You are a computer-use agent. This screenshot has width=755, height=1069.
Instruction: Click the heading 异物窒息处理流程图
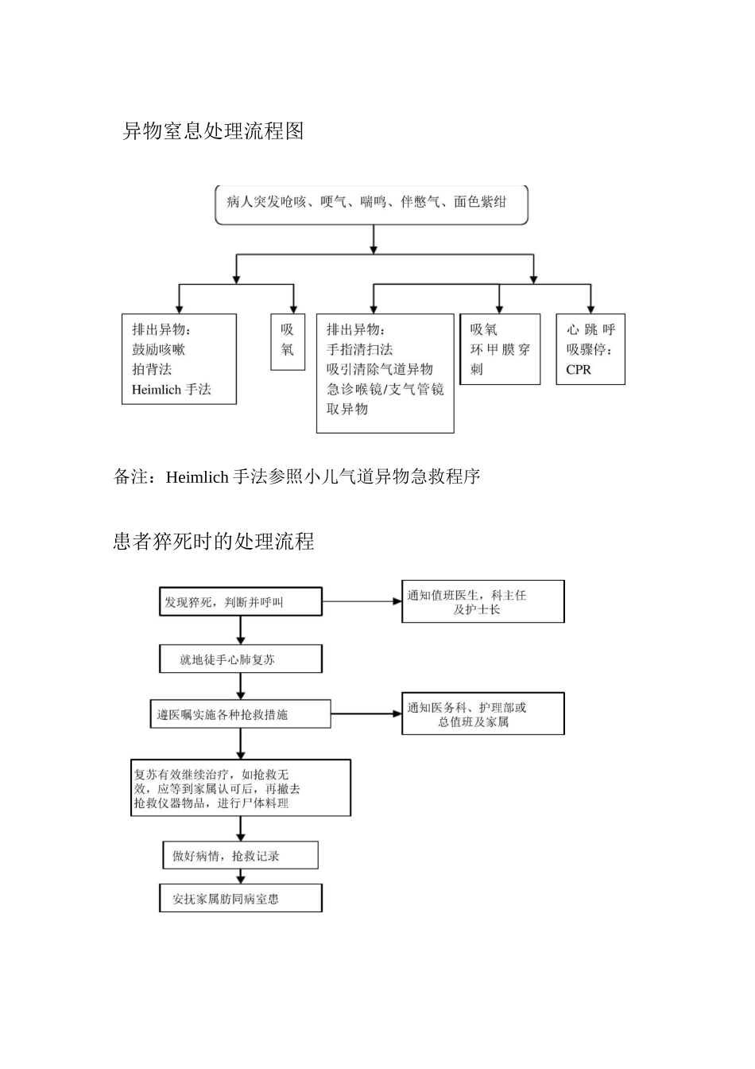[x=213, y=131]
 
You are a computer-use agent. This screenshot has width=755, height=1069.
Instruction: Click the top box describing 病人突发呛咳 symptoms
[x=371, y=204]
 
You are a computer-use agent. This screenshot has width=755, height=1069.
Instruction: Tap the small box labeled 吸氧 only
[x=288, y=340]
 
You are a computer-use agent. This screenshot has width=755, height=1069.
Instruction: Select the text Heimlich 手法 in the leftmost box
[x=171, y=390]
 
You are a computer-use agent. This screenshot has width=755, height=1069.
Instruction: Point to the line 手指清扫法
[x=359, y=350]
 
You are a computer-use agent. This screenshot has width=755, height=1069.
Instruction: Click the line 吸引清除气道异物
[x=379, y=370]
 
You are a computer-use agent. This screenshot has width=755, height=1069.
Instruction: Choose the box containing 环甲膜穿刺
[x=500, y=350]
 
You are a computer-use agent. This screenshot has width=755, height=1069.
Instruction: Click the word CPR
[x=579, y=370]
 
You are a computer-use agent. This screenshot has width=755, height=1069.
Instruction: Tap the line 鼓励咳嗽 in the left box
[x=158, y=350]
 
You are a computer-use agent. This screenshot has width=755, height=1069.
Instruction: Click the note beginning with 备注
[x=297, y=477]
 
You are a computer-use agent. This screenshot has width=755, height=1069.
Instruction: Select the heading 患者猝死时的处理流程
[x=214, y=542]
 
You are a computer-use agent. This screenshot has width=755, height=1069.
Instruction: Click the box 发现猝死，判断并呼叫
[x=241, y=602]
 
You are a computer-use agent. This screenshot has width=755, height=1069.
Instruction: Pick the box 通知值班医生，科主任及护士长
[x=482, y=602]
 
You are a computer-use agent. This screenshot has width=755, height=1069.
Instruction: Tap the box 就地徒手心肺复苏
[x=241, y=659]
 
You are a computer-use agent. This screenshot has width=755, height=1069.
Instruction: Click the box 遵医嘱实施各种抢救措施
[x=241, y=714]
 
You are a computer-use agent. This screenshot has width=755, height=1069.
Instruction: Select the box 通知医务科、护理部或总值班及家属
[x=482, y=714]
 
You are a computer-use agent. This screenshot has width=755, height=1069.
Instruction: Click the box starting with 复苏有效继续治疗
[x=241, y=788]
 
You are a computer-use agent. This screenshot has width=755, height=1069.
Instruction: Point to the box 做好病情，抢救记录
[x=241, y=856]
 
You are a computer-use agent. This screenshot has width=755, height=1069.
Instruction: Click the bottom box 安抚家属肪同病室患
[x=241, y=899]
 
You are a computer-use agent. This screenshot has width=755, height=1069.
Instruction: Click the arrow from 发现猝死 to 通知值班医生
[x=362, y=601]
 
